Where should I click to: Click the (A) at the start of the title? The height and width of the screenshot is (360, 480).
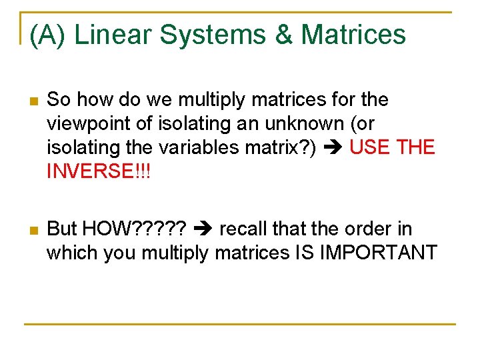(47, 34)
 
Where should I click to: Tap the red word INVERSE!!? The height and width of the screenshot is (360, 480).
(99, 171)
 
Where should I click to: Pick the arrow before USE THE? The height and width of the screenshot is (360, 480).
(333, 147)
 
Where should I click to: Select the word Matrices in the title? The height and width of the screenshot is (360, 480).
(354, 34)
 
